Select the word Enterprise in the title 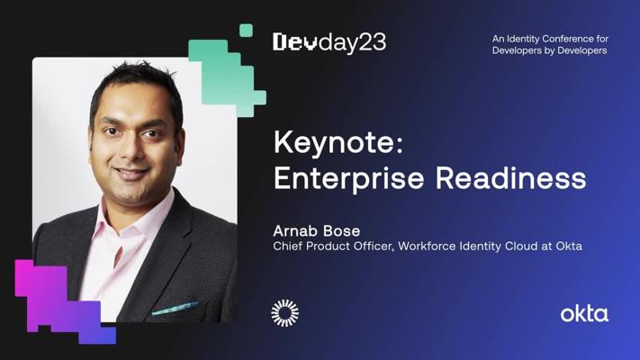pos(349,177)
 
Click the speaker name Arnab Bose pos(316,230)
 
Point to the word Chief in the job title pos(288,246)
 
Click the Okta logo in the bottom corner pos(584,313)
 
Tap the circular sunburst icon pos(284,312)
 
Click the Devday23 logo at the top pos(329,42)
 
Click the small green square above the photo pos(246,31)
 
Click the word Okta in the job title pos(569,246)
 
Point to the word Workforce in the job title pos(421,246)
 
